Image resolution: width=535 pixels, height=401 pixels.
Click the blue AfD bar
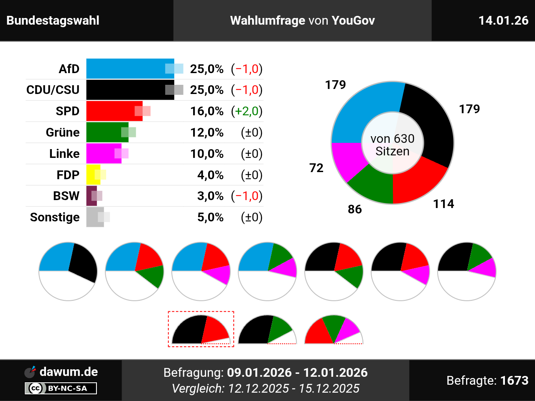tap(125, 69)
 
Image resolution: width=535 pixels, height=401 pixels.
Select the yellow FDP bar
tap(92, 175)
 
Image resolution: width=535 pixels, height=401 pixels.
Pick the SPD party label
tap(67, 111)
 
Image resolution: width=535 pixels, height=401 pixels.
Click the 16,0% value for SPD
tap(206, 111)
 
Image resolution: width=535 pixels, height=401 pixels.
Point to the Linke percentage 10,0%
tap(206, 154)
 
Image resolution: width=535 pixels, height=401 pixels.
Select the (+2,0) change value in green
tap(247, 111)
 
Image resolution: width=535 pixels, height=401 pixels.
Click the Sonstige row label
tap(55, 217)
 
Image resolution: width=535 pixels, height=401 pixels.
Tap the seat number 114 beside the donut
tap(443, 204)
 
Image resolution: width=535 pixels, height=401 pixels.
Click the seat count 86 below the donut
tap(354, 209)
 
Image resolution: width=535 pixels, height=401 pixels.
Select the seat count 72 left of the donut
tap(316, 168)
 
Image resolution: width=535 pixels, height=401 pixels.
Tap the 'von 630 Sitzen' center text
tap(392, 145)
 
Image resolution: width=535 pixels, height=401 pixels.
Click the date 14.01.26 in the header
tap(503, 20)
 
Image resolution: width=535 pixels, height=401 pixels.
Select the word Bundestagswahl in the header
tap(53, 20)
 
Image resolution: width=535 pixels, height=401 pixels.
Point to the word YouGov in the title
tap(353, 20)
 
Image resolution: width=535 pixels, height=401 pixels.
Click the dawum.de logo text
tap(69, 372)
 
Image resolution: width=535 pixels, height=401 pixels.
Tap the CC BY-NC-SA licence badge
tap(61, 388)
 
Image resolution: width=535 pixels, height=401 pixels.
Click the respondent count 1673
tap(514, 381)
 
